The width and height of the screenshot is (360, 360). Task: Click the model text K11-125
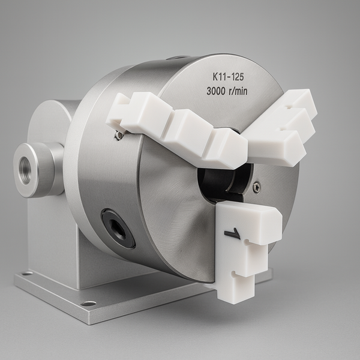[x=228, y=77]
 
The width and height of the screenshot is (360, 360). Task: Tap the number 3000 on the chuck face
[x=216, y=91]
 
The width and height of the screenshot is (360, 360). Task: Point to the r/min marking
[x=238, y=91]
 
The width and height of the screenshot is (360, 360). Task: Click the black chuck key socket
[x=118, y=229]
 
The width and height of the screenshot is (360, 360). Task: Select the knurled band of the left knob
[x=46, y=169]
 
